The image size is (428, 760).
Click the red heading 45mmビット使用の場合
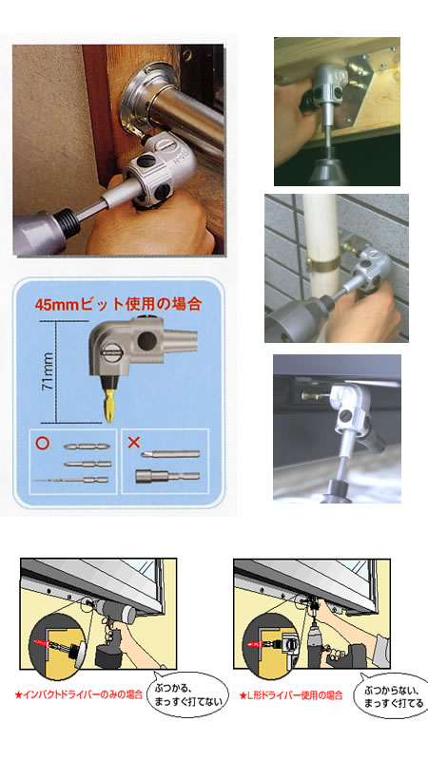tap(118, 304)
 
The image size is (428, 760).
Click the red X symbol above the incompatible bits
tap(133, 442)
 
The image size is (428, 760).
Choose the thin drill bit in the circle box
tap(71, 480)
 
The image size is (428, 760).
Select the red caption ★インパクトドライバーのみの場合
tap(79, 694)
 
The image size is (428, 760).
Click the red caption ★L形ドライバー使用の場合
tap(291, 695)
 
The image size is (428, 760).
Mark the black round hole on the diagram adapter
tap(146, 340)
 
